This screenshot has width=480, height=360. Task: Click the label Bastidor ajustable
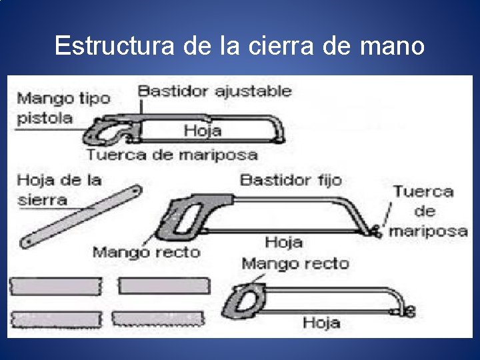click(x=215, y=91)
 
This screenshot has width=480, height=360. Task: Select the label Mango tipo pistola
click(x=63, y=108)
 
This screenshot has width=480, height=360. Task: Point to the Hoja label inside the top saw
click(x=202, y=130)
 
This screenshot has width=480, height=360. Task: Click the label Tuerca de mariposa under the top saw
click(x=171, y=155)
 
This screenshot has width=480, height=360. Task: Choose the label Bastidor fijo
click(x=291, y=179)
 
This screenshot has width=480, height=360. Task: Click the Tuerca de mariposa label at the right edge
click(x=428, y=211)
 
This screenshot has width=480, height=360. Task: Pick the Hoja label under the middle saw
click(x=283, y=241)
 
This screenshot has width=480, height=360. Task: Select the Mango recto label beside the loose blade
click(x=146, y=251)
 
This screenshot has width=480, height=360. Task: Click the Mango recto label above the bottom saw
click(x=295, y=263)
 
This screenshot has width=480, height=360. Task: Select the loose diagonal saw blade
click(x=81, y=217)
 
